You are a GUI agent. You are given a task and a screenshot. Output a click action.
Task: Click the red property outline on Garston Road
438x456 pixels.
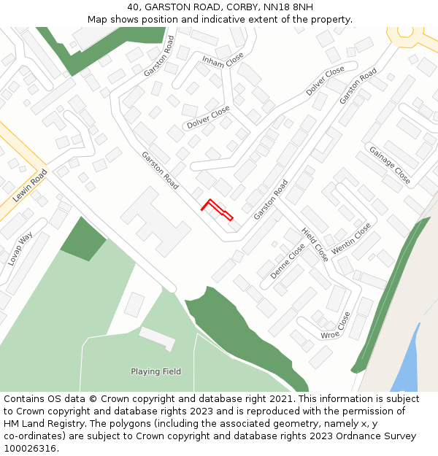point(216,209)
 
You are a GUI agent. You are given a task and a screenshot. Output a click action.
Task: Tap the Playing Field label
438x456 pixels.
point(155,371)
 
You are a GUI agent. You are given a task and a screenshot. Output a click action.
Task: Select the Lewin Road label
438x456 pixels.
point(29,185)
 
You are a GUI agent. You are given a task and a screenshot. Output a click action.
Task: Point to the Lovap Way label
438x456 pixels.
point(20,249)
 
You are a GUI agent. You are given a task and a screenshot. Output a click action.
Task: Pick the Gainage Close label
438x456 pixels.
point(389,165)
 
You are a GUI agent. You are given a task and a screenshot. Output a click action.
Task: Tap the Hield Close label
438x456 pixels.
point(315,244)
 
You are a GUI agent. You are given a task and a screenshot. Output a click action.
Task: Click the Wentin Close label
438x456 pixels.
point(351,239)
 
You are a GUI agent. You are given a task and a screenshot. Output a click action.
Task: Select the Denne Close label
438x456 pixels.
point(287,261)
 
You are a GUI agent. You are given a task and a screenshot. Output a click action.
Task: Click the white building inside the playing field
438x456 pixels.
point(157,338)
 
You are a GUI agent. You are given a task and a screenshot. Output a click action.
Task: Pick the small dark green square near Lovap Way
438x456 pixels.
point(83,239)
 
